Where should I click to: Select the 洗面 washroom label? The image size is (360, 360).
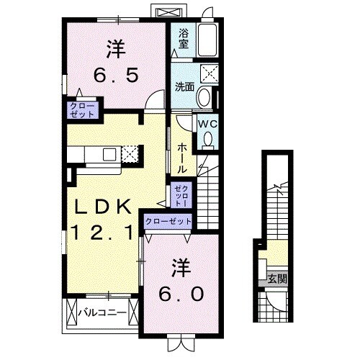tap(184, 87)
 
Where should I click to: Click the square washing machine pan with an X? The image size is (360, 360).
tap(209, 73)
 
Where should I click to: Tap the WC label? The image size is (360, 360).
tap(207, 123)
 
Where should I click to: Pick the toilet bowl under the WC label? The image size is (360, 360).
tap(207, 140)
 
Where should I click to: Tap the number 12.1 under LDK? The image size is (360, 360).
tap(102, 233)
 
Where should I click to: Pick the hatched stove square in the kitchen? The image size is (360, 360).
tap(130, 153)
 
